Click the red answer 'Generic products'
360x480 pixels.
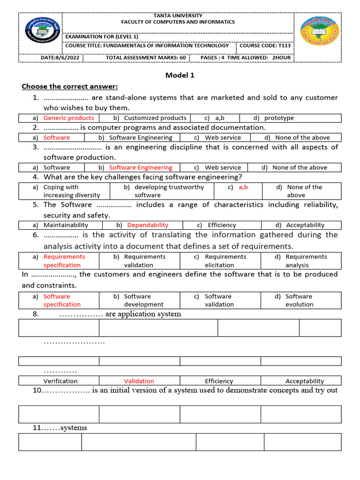[68, 118]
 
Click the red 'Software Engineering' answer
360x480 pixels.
[141, 167]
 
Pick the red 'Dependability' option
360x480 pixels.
[148, 225]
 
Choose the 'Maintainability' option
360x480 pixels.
[66, 225]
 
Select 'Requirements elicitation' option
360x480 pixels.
[225, 261]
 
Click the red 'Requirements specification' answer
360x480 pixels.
[64, 261]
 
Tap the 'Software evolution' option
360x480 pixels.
[299, 300]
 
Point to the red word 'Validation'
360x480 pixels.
[139, 381]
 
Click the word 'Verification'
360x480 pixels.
[60, 381]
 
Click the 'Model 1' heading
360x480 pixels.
[180, 75]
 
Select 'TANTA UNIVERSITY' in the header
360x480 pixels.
[178, 15]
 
